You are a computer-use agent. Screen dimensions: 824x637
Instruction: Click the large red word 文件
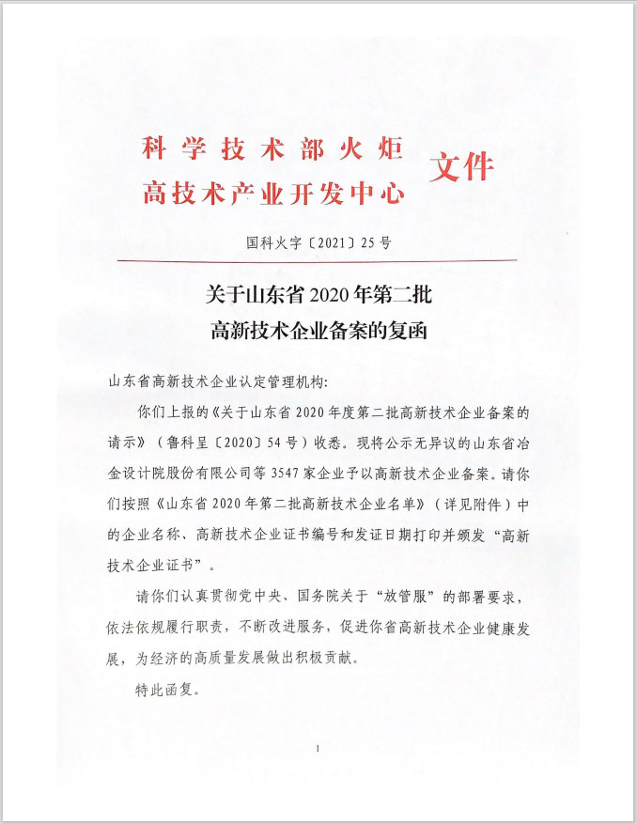pos(461,166)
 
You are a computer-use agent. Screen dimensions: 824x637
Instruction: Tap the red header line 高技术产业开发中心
pos(272,194)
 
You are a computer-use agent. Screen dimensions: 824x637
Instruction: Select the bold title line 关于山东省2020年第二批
pos(318,295)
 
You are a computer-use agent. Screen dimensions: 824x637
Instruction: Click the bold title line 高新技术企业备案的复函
pos(318,331)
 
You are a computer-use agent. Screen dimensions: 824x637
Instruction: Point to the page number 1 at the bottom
pos(318,749)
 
